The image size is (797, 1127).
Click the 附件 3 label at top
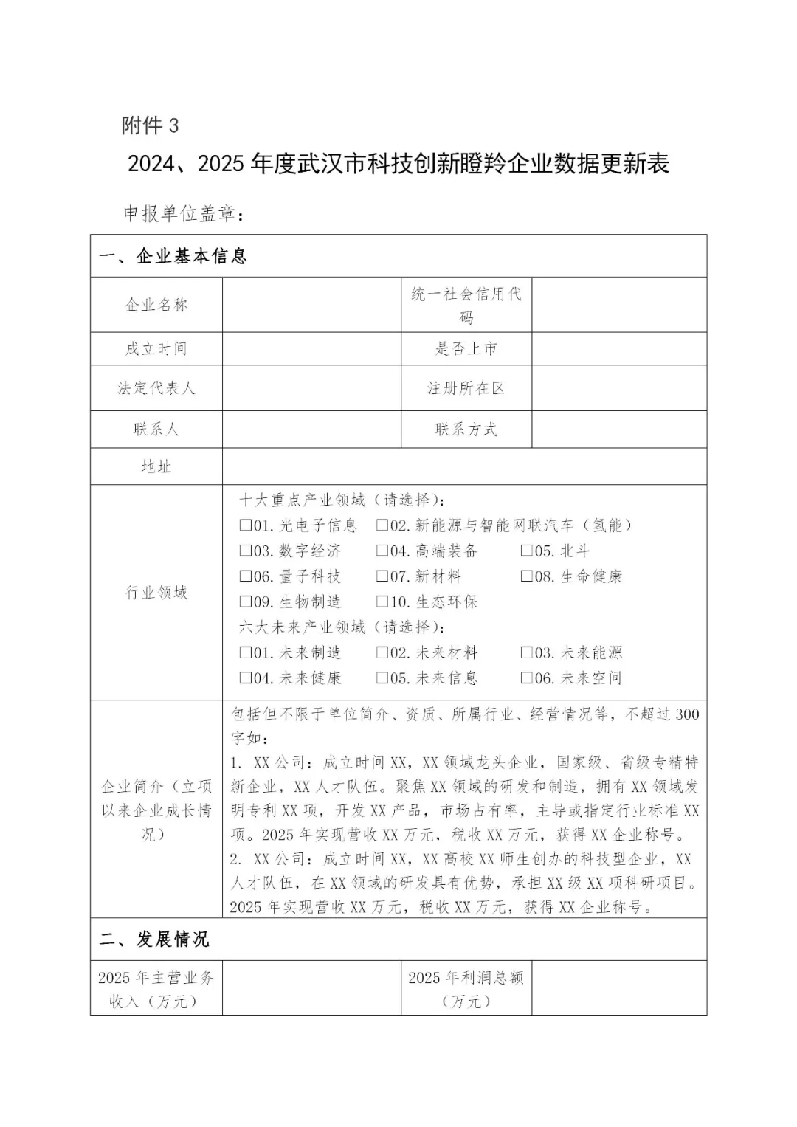[x=150, y=125]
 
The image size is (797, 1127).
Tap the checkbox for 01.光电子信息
[x=245, y=525]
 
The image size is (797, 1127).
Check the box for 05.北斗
[x=527, y=551]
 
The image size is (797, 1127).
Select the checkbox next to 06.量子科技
[x=245, y=576]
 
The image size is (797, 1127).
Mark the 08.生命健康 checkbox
[x=527, y=576]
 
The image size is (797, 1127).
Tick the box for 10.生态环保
[x=382, y=602]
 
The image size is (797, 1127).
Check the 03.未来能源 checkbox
[x=527, y=652]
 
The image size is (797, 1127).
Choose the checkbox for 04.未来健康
[x=245, y=678]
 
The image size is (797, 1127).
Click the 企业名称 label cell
[x=156, y=305]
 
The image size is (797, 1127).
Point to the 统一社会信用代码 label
[x=466, y=305]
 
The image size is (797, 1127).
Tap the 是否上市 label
[x=466, y=348]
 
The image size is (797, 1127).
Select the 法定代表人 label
[x=156, y=388]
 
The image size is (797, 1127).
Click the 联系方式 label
[x=466, y=429]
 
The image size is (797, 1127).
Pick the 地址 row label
[x=156, y=466]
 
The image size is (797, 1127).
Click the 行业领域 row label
[x=156, y=592]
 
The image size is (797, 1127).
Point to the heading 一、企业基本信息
[x=173, y=256]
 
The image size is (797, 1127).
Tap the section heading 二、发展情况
[x=154, y=939]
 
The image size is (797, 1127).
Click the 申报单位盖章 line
[x=182, y=213]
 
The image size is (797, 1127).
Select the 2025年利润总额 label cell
[x=466, y=988]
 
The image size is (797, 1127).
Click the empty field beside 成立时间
[x=311, y=348]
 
